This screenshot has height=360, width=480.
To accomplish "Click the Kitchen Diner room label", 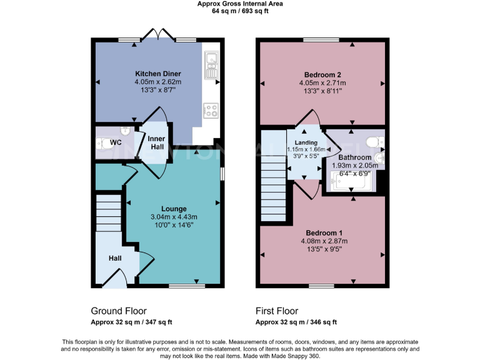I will click(x=157, y=74).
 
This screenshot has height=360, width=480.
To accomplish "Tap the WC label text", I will click(x=116, y=142).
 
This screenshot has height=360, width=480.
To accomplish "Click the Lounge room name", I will click(x=174, y=209).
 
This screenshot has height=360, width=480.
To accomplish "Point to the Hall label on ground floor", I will click(x=115, y=257).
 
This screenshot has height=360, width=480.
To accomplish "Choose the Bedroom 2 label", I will click(x=322, y=74).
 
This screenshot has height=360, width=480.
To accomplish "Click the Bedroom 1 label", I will click(x=324, y=232).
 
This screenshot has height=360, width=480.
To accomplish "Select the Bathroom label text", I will click(x=355, y=157).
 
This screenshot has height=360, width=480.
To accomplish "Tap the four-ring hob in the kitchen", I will click(x=211, y=111).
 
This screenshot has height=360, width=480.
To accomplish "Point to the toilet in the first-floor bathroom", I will click(x=375, y=141).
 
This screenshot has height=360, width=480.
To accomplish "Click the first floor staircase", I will click(x=272, y=181).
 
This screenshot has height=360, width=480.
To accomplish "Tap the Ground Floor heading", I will click(x=119, y=311).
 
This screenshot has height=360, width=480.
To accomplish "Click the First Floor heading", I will click(x=277, y=311).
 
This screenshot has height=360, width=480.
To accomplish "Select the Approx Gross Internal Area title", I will click(x=240, y=4).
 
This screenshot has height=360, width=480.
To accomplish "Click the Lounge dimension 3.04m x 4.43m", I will click(x=174, y=217).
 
